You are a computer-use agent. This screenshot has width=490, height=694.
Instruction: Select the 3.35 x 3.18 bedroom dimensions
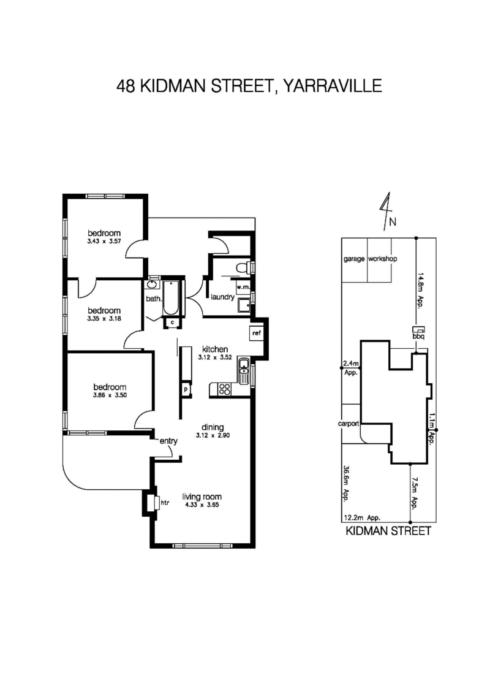(x=104, y=319)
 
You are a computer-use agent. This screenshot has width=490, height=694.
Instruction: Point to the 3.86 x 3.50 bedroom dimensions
(x=110, y=395)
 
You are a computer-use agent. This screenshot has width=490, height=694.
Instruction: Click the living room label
(x=202, y=497)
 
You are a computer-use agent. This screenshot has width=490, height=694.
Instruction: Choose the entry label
(x=168, y=441)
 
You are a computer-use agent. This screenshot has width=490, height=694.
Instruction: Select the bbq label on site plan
(x=418, y=337)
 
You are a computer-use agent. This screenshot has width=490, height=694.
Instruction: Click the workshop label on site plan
(x=383, y=259)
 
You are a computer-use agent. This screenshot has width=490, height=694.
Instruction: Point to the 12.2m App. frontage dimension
(x=359, y=517)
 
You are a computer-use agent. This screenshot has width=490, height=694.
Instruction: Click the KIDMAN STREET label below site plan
(x=388, y=531)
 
